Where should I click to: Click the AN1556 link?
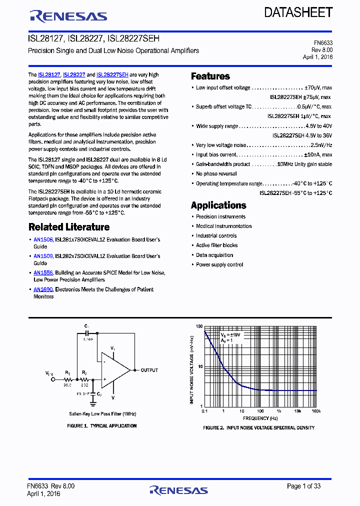point(43,273)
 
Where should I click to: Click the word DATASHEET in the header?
point(298,12)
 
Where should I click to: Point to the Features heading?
point(210,76)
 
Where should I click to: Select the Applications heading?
point(218,205)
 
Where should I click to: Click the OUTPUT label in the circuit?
point(149,370)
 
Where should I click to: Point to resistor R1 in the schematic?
point(67,379)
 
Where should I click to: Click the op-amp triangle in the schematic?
point(113,370)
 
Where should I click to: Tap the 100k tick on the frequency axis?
point(316,411)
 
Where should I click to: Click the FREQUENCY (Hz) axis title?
point(260,418)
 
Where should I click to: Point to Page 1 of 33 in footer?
point(304,486)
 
